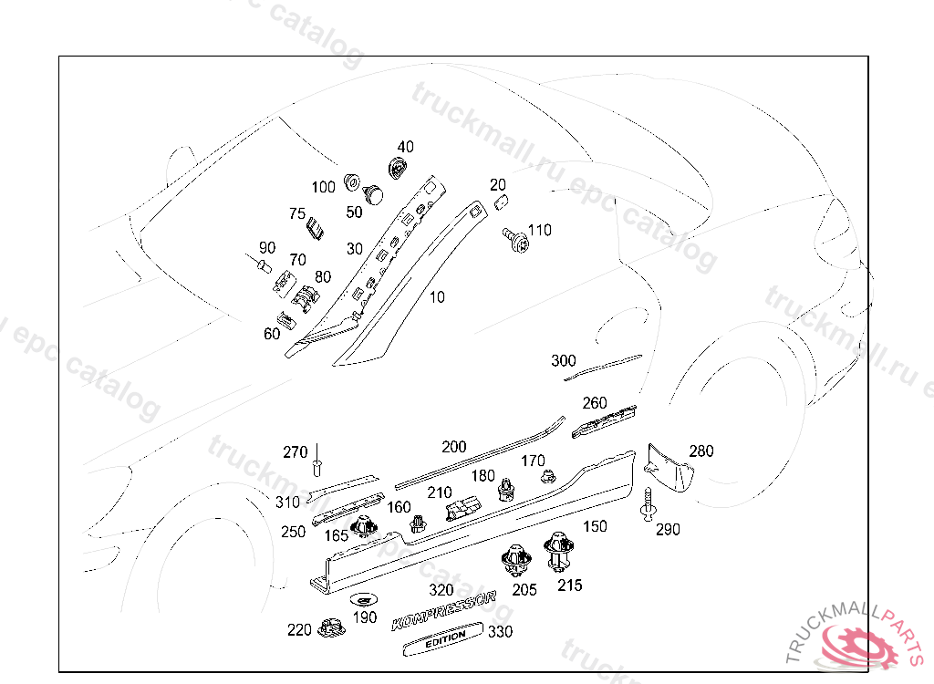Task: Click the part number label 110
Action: [540, 231]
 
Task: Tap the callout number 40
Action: [405, 147]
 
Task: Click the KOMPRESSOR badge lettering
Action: [443, 611]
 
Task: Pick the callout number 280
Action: [701, 451]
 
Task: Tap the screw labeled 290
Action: [649, 504]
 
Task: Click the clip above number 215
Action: [558, 550]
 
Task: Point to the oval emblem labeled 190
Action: [362, 599]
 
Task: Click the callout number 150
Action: [595, 526]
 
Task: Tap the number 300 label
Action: [564, 361]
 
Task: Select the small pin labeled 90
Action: [261, 267]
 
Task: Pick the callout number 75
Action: [297, 214]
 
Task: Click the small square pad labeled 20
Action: [501, 203]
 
